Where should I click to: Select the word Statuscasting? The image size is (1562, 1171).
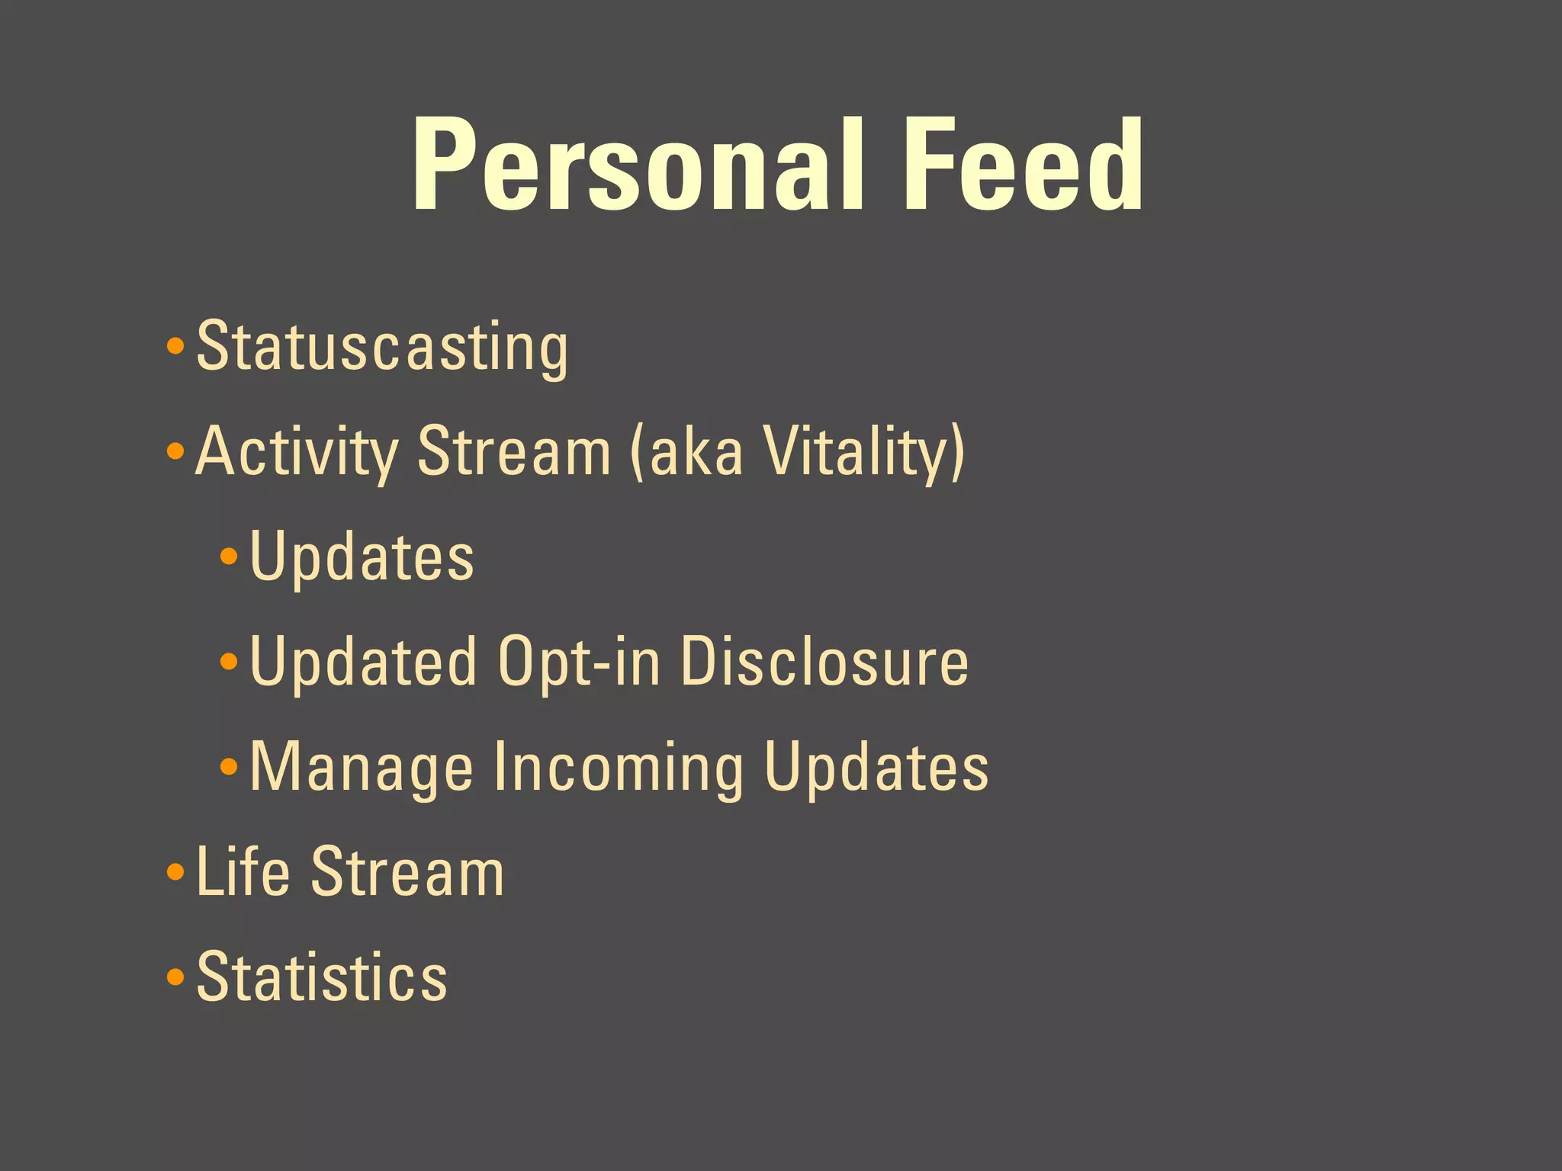381,347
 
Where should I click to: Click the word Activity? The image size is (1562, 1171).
296,451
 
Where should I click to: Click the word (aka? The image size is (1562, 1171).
686,451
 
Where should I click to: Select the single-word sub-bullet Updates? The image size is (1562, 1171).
362,557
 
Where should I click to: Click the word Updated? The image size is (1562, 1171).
363,662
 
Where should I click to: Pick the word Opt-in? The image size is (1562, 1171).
580,662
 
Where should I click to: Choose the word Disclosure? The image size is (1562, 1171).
824,662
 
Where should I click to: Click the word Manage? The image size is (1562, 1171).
362,767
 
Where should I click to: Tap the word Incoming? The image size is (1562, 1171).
619,767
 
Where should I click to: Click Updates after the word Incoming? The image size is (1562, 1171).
876,767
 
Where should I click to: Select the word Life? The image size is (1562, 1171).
243,871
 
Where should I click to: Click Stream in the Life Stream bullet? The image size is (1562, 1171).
407,871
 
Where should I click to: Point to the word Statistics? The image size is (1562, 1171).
322,977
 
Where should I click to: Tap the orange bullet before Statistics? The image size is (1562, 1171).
175,977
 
